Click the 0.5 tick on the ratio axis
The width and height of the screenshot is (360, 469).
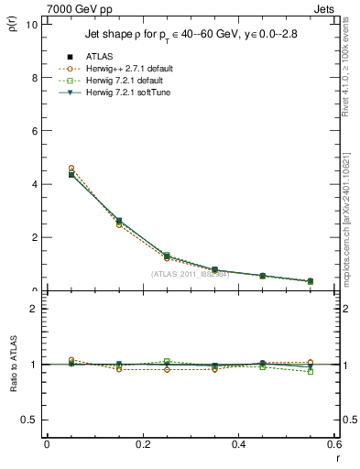coord(29,420)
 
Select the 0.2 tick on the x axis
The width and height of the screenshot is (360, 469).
coord(142,444)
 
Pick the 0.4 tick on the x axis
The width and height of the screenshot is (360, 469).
coord(238,444)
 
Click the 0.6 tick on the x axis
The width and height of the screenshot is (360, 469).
coord(334,444)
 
